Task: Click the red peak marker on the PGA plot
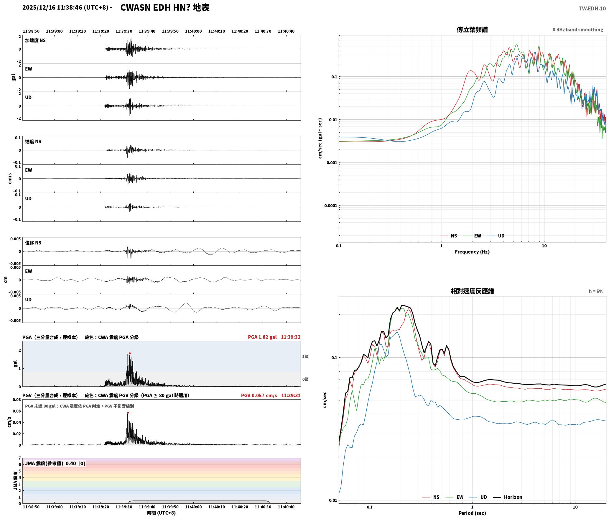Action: (130, 353)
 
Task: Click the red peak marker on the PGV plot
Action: (128, 413)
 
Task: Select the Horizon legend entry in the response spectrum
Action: (508, 497)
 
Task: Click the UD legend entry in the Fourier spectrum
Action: (496, 236)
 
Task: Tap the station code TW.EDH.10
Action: (592, 8)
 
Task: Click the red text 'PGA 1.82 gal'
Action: (262, 337)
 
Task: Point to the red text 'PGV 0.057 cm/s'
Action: (259, 395)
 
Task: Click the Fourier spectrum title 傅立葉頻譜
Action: (472, 29)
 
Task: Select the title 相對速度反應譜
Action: (472, 291)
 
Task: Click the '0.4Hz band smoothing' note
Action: (578, 29)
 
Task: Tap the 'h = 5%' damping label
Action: (596, 291)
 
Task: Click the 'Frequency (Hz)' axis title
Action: (472, 252)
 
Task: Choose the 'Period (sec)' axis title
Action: (472, 513)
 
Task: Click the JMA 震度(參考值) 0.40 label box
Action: (55, 463)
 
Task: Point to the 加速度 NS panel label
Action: (35, 40)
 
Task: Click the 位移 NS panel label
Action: (33, 243)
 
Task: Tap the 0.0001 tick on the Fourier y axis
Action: (330, 206)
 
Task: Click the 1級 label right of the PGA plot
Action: (305, 357)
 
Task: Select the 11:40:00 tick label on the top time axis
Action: (193, 31)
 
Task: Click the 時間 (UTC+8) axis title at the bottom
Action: (162, 513)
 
